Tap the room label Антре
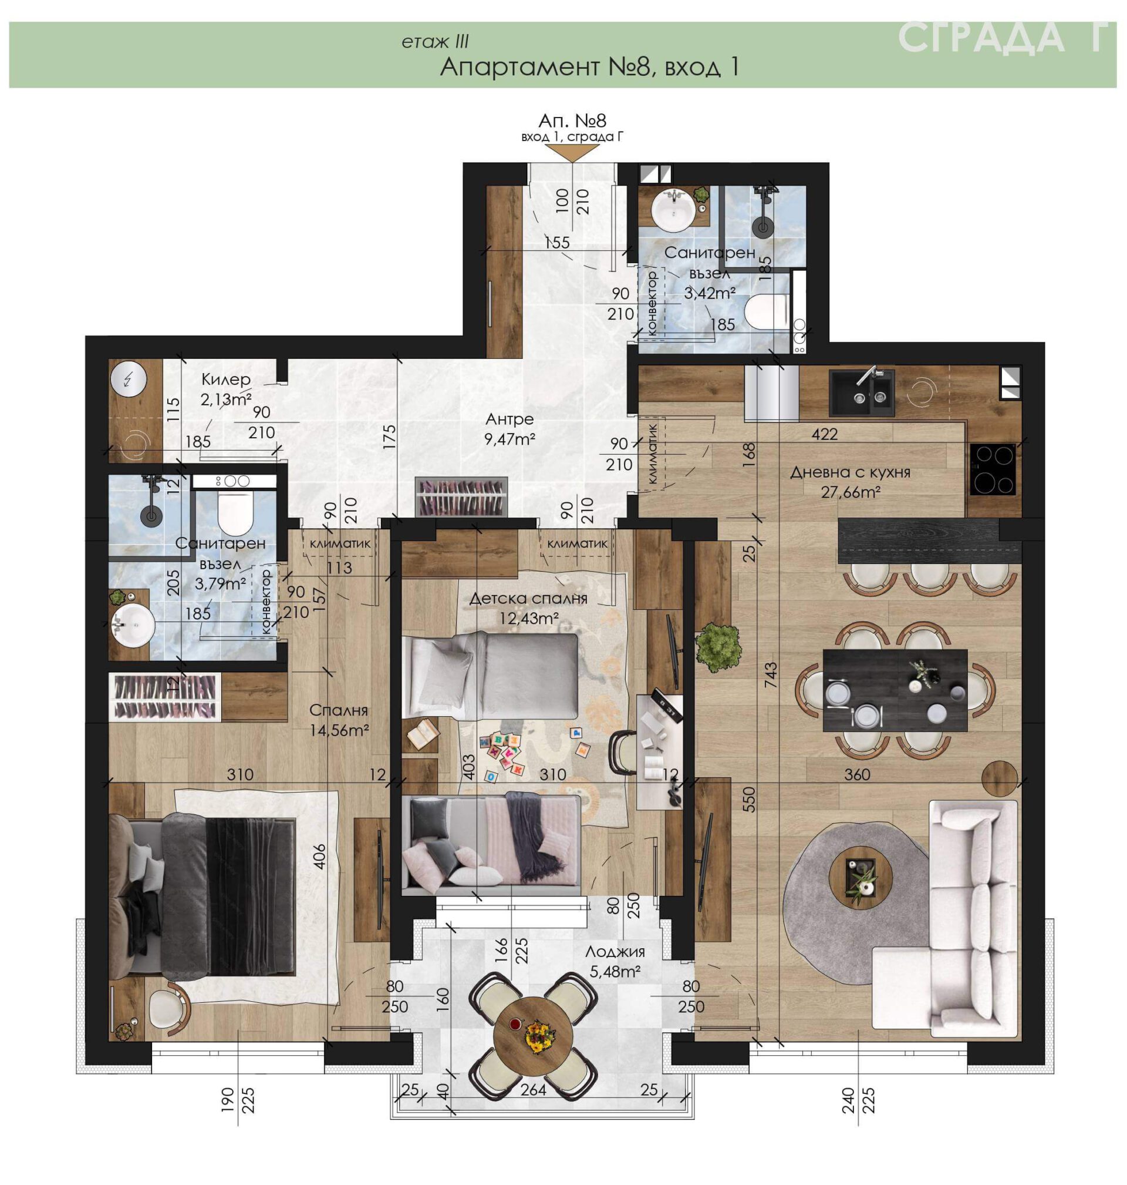pos(509,418)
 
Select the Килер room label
pos(226,380)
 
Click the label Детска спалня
pos(528,598)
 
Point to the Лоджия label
pos(615,952)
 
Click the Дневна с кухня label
pos(850,472)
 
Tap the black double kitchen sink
pos(862,392)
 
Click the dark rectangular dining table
pos(896,690)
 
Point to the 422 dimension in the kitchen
pos(824,434)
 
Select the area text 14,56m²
pos(339,730)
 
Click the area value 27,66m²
pos(851,492)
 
